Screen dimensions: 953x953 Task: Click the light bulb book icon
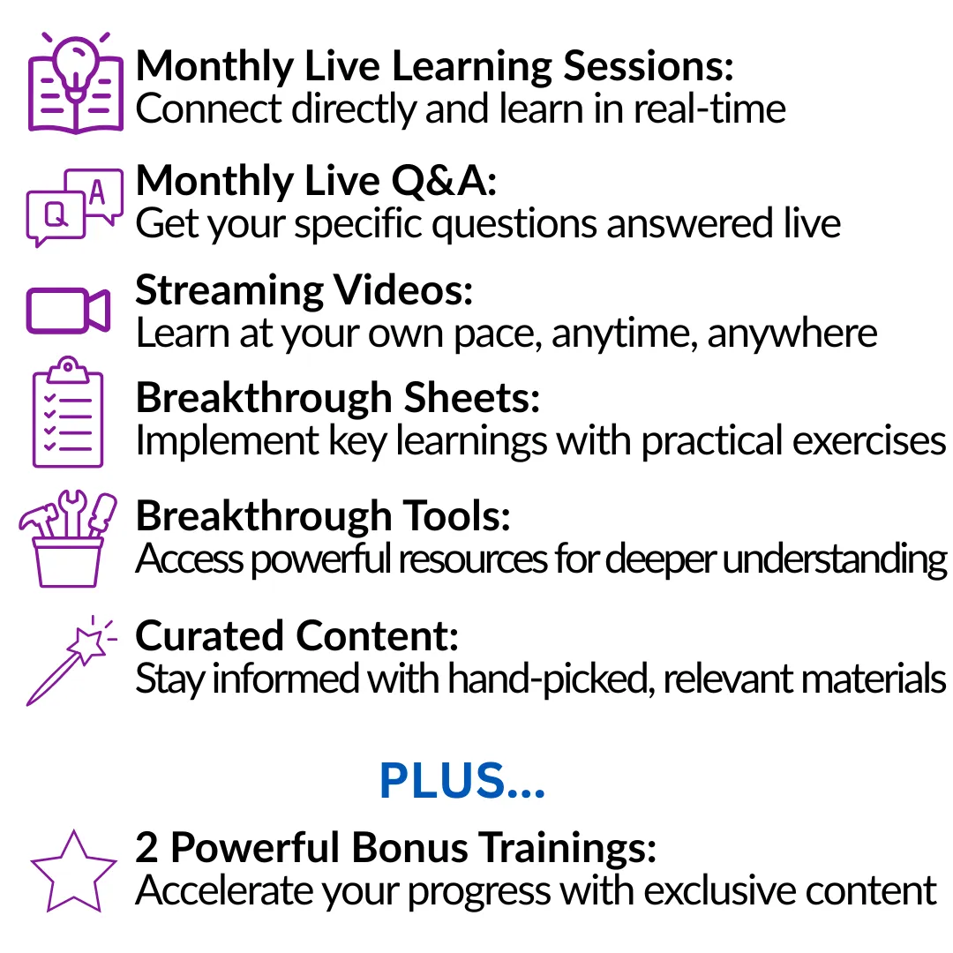tap(75, 83)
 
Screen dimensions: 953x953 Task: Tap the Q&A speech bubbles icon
tap(74, 207)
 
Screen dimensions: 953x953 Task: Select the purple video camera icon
tap(68, 310)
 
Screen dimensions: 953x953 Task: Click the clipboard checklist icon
tap(67, 412)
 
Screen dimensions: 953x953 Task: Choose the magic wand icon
tap(71, 661)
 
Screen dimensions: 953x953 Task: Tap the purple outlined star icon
tap(73, 871)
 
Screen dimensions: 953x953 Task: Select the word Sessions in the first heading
tap(649, 66)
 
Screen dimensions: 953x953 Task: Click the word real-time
tap(709, 109)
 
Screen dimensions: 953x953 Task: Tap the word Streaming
tap(229, 291)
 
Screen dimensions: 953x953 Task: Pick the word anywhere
tap(792, 334)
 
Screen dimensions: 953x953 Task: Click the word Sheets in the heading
tap(471, 398)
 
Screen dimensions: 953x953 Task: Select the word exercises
tap(869, 440)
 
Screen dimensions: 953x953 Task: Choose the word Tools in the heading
tap(456, 516)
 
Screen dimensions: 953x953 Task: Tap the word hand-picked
tap(552, 679)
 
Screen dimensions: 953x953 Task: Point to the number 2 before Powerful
tap(146, 846)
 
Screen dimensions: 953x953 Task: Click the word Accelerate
tap(223, 890)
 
